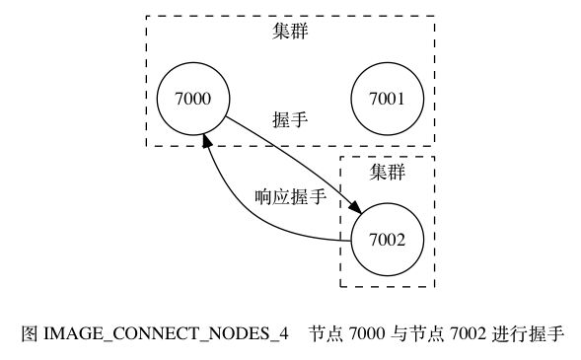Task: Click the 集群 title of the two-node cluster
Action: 290,32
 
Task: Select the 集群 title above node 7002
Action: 388,172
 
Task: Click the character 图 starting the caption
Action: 29,333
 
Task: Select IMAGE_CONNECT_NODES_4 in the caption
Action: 165,333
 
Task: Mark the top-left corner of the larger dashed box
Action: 147,17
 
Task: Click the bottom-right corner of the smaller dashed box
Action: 434,287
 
